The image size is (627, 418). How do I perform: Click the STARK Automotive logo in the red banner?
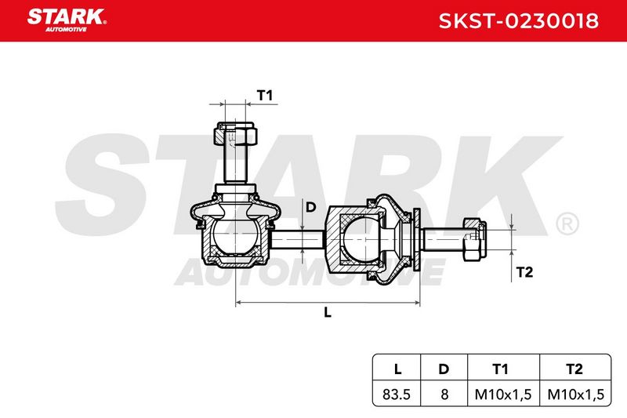67,20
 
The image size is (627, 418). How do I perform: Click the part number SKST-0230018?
519,21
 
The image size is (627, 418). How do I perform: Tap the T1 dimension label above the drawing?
264,96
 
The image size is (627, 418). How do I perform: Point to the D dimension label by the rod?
310,207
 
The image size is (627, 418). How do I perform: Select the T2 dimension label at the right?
524,272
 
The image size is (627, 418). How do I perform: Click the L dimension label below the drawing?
328,312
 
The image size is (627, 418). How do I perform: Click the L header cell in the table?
397,369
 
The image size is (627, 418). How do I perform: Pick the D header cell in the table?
444,369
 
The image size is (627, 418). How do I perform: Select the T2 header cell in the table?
575,369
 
